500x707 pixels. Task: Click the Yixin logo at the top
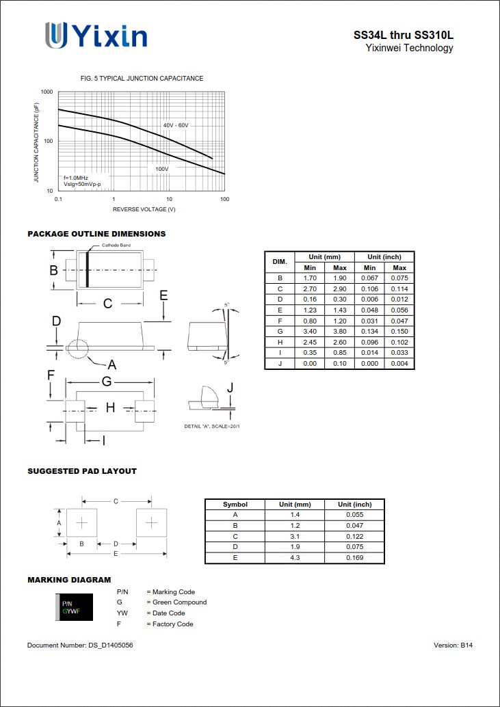point(96,35)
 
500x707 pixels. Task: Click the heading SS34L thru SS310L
point(403,35)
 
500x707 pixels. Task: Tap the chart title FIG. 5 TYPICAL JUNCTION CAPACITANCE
point(142,79)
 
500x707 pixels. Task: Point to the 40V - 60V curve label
point(176,126)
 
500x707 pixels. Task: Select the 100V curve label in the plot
point(161,169)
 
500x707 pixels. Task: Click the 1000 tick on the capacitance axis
point(47,92)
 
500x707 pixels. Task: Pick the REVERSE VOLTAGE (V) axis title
point(144,209)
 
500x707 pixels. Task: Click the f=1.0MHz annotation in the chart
point(76,178)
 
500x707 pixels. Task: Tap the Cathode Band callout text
point(116,245)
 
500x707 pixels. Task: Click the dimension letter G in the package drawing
point(107,382)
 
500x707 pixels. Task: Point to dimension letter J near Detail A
point(230,388)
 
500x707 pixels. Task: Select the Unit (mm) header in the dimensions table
point(324,256)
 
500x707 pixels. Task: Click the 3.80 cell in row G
point(340,331)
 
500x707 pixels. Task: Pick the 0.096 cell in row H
point(370,342)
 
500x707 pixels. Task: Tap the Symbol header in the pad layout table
point(235,504)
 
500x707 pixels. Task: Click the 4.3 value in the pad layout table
point(295,558)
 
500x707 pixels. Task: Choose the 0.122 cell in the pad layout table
point(354,537)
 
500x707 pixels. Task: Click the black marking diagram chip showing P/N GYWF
point(73,607)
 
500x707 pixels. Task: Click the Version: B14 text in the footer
point(453,645)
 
